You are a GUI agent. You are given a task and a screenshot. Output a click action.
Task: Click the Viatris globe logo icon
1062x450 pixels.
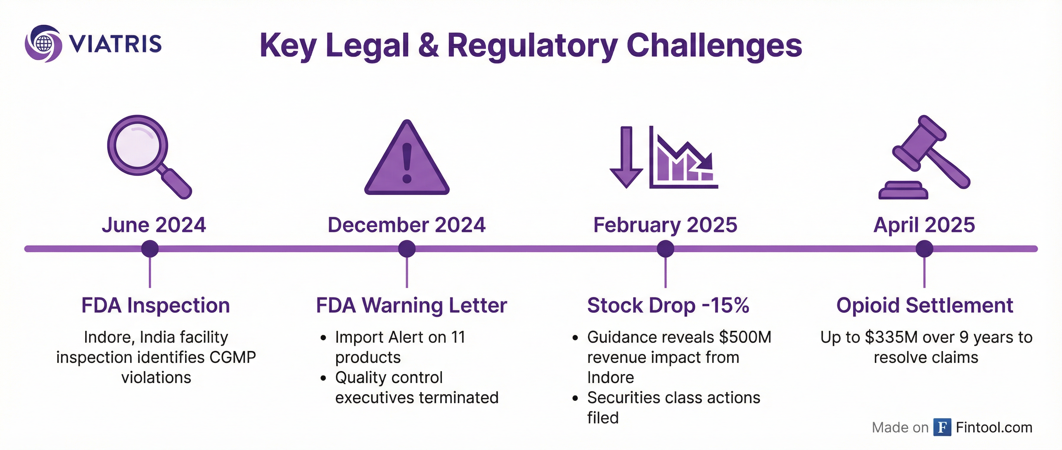43,44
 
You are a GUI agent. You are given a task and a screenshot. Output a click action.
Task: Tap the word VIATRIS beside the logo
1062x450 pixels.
115,44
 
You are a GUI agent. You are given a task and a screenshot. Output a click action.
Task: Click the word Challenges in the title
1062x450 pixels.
714,46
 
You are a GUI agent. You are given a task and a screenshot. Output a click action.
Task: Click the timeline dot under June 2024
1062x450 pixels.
150,249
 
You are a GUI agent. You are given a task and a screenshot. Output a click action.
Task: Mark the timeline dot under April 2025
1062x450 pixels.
924,249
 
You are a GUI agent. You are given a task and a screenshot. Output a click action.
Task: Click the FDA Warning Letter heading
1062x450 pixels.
411,305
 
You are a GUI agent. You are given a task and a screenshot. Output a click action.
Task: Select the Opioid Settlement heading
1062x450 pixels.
925,305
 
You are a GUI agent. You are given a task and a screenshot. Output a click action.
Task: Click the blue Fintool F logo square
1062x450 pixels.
942,427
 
